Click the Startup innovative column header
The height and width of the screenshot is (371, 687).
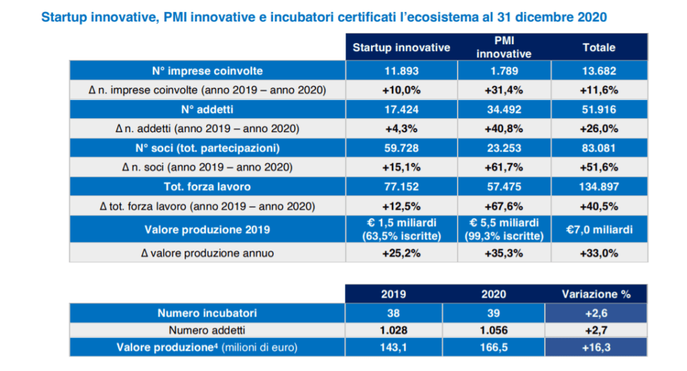pyautogui.click(x=401, y=48)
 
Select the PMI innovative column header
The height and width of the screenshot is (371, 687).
pyautogui.click(x=504, y=48)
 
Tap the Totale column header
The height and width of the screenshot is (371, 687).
pyautogui.click(x=599, y=48)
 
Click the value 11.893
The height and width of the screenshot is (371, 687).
pyautogui.click(x=401, y=70)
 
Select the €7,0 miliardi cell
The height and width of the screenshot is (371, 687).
pyautogui.click(x=599, y=229)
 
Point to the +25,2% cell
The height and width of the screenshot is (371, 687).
pyautogui.click(x=401, y=253)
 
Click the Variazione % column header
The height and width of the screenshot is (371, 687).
pyautogui.click(x=596, y=294)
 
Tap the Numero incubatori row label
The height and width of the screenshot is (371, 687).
pyautogui.click(x=207, y=313)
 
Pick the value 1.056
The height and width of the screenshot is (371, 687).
pyautogui.click(x=494, y=330)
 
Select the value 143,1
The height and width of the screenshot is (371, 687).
pyautogui.click(x=393, y=348)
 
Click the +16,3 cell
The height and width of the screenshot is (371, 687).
pyautogui.click(x=596, y=348)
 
